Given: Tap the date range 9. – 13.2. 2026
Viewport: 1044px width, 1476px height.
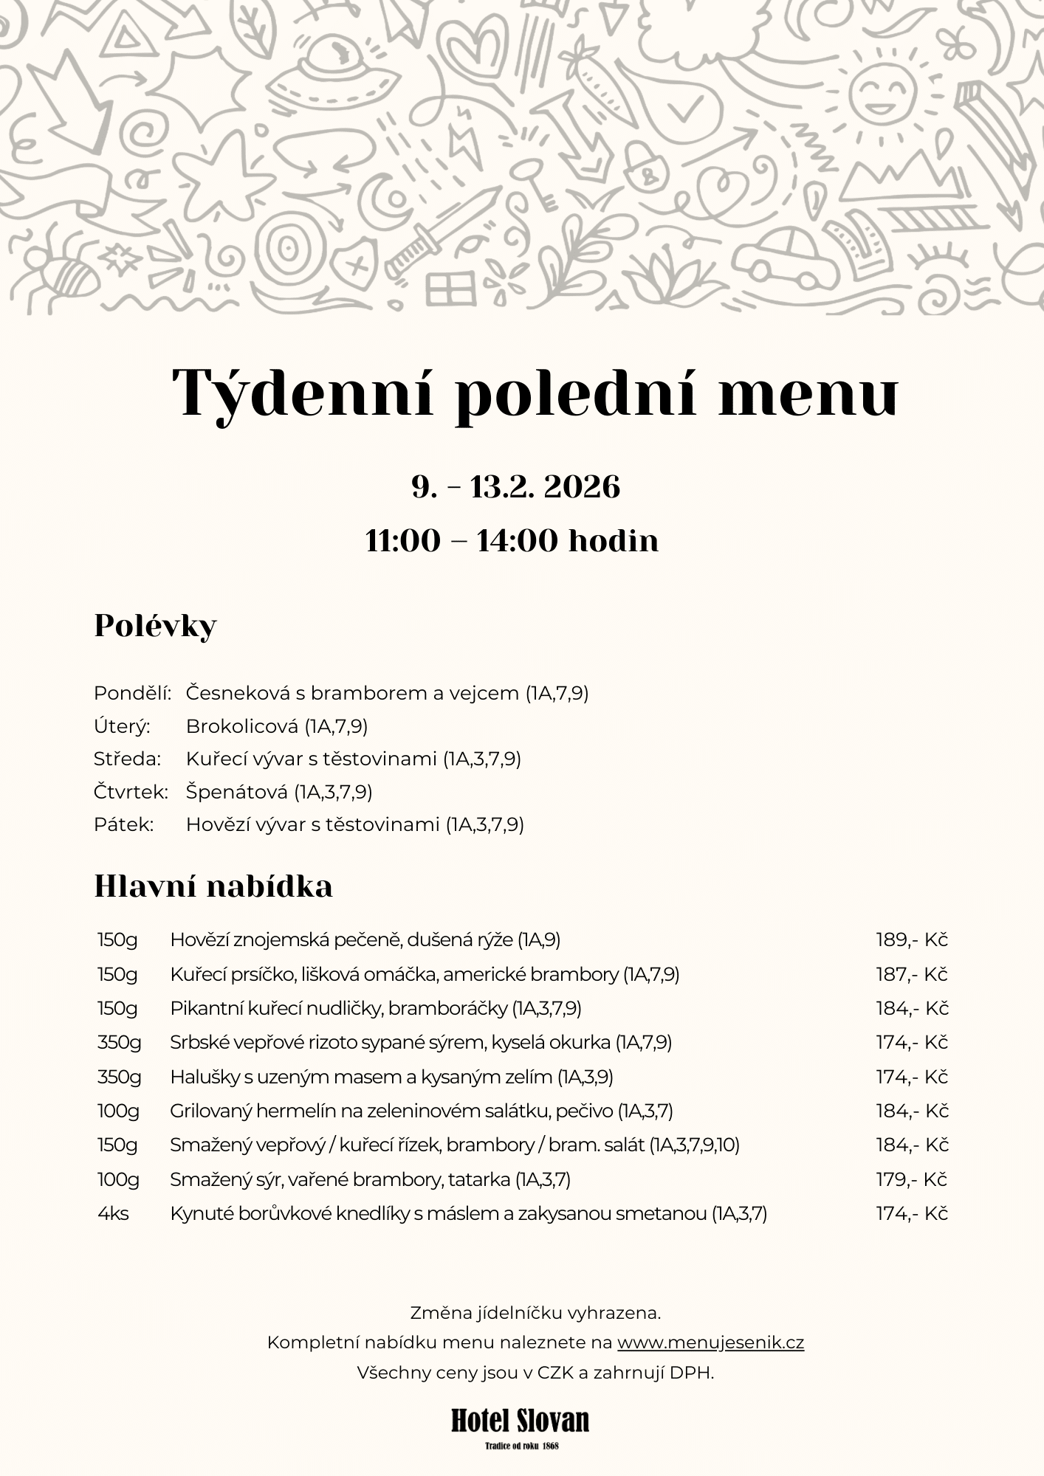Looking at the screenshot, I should coord(516,488).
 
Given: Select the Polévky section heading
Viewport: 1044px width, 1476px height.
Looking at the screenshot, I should coord(155,626).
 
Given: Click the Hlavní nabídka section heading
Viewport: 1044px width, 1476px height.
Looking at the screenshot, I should coord(213,886).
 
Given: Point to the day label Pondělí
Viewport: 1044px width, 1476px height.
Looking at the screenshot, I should coord(132,694).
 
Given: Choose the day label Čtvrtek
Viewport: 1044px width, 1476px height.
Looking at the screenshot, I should coord(131,792).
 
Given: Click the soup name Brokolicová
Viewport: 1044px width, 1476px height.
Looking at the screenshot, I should coord(243,727).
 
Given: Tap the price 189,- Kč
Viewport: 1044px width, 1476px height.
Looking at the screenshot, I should coord(911,940).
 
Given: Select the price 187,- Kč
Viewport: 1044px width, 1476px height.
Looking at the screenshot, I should coord(911,974).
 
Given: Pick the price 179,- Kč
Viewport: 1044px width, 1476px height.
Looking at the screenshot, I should coord(911,1179).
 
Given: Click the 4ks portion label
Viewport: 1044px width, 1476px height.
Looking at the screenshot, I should coord(113,1213).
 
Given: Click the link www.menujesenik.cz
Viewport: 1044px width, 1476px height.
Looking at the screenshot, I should coord(710,1342).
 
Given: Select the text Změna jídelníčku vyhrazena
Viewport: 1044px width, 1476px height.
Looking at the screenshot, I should coord(535,1313).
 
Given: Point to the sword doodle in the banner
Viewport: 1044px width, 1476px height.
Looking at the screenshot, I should coord(443,229).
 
